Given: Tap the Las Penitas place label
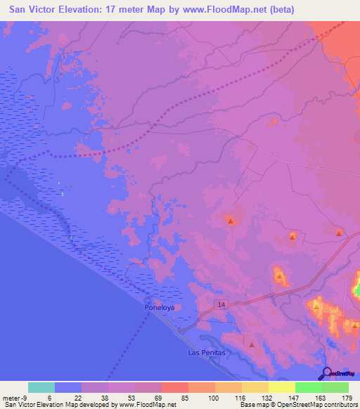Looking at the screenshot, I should [x=206, y=351].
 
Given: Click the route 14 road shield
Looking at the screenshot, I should [x=221, y=304].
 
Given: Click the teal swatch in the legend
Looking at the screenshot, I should [x=41, y=387].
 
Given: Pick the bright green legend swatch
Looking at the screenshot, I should [x=308, y=387].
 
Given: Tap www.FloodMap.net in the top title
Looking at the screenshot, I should [x=219, y=10].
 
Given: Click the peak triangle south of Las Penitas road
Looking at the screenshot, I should [x=252, y=344].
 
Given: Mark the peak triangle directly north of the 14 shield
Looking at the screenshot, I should [x=231, y=221].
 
